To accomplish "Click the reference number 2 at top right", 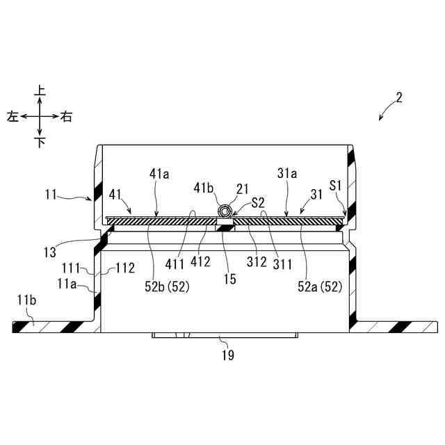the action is (399, 97).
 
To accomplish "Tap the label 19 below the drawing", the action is (227, 355).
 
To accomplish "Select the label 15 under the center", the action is (229, 279).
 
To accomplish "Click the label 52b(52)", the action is (167, 286).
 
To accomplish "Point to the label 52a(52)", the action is (319, 286).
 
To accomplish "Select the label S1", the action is (335, 186).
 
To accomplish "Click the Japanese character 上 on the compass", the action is (40, 90).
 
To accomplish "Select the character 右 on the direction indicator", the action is (67, 117).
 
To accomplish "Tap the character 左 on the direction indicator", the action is (13, 117).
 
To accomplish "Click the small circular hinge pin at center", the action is (225, 211).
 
